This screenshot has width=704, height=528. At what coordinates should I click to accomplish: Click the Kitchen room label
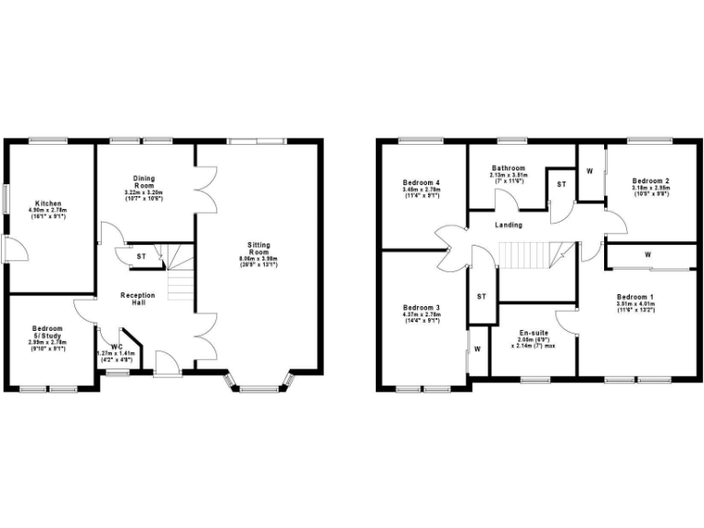pos(49,203)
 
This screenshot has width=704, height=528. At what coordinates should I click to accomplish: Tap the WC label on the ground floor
pos(116,347)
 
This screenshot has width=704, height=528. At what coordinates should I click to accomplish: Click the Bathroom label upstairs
pos(507,169)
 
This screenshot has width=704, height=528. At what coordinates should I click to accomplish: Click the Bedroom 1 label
pos(635,297)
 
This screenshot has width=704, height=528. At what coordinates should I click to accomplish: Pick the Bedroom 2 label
pos(650,181)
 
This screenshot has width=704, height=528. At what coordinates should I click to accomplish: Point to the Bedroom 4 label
pos(422,183)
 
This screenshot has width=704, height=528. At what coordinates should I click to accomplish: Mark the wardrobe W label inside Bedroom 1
pos(648,254)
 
